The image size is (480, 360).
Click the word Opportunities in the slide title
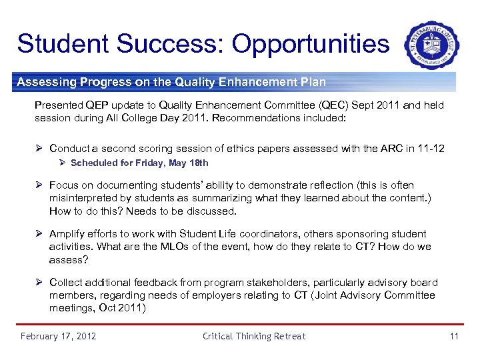[310, 44]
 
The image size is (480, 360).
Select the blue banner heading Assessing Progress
[171, 83]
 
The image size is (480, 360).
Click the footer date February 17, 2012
[58, 336]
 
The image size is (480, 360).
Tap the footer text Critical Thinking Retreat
[253, 336]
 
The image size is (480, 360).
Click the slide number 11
[454, 336]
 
